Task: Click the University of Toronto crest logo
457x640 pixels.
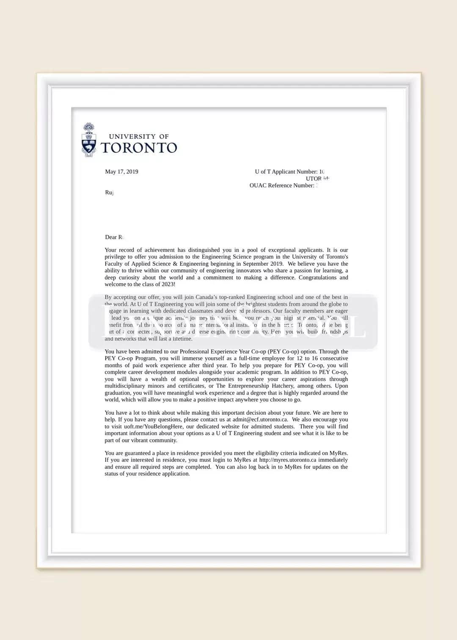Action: [88, 140]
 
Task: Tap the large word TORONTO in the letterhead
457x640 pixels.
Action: [139, 148]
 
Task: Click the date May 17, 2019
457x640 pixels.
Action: [121, 171]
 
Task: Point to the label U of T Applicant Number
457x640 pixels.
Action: [286, 171]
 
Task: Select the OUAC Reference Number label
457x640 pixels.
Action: [282, 185]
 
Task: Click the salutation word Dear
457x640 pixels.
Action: [111, 237]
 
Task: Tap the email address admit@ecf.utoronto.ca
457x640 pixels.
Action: [260, 419]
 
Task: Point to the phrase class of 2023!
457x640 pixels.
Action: [157, 284]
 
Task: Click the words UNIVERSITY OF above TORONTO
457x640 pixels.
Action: [139, 136]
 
